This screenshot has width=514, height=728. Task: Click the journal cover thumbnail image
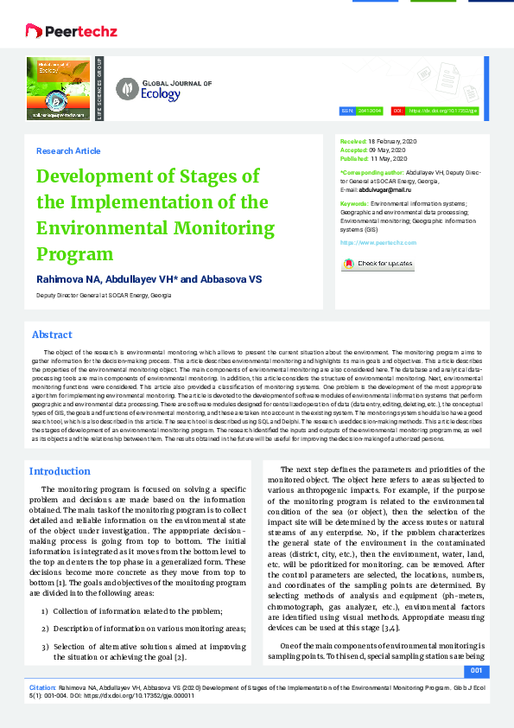tap(60, 88)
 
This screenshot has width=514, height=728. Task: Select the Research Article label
tap(68, 151)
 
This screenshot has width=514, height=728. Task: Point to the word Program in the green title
tap(74, 254)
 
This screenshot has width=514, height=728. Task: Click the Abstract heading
tap(52, 335)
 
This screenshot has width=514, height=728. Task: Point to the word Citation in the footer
tap(43, 684)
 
